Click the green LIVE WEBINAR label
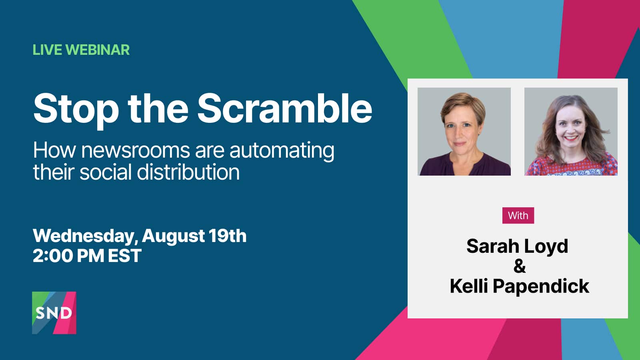click(81, 50)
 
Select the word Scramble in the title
click(284, 108)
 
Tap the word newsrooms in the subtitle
click(136, 150)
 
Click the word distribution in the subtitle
click(188, 172)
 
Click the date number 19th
click(227, 236)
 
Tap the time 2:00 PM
click(68, 256)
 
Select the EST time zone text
click(124, 256)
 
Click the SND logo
click(54, 313)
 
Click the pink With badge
click(518, 216)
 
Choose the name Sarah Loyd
click(517, 246)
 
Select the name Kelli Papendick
click(520, 286)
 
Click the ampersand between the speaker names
click(520, 266)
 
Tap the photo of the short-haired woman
click(464, 132)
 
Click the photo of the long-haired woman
click(571, 132)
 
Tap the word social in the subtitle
click(106, 172)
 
